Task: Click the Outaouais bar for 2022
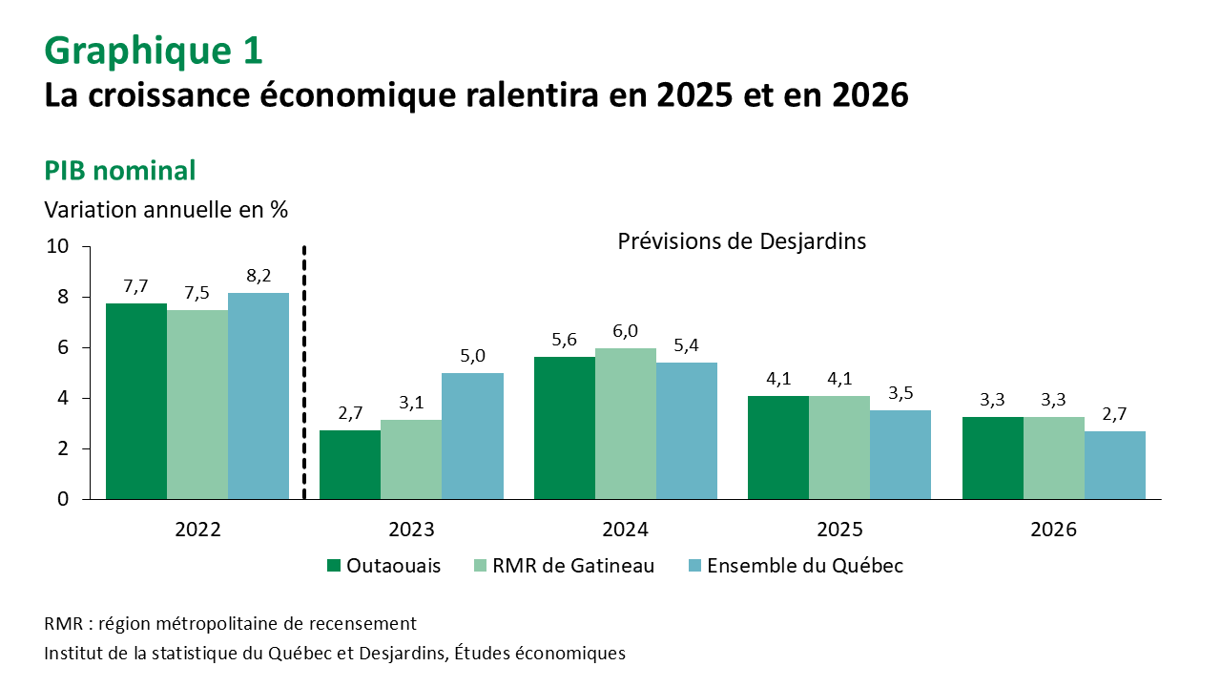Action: pyautogui.click(x=136, y=401)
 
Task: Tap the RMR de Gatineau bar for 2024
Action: pyautogui.click(x=626, y=424)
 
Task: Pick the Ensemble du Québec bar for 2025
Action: pyautogui.click(x=900, y=454)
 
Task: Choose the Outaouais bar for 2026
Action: pyautogui.click(x=992, y=458)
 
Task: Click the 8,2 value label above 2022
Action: pyautogui.click(x=258, y=277)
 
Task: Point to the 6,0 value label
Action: pyautogui.click(x=626, y=331)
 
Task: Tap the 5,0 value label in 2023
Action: pyautogui.click(x=473, y=356)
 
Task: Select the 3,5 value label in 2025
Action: pyautogui.click(x=900, y=394)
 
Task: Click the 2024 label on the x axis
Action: pyautogui.click(x=626, y=530)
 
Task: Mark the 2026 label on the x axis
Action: pyautogui.click(x=1053, y=530)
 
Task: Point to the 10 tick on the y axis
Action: pyautogui.click(x=57, y=246)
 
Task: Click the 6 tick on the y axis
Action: pyautogui.click(x=64, y=347)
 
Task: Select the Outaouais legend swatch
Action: pyautogui.click(x=334, y=566)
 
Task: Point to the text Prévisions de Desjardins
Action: pyautogui.click(x=741, y=241)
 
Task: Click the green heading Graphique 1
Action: pyautogui.click(x=153, y=51)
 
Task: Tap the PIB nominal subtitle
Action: pyautogui.click(x=120, y=171)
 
